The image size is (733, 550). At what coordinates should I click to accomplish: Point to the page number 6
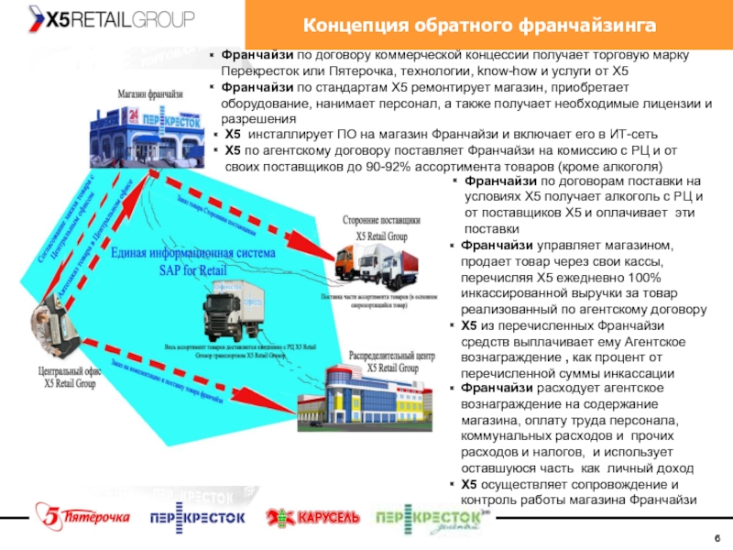717,537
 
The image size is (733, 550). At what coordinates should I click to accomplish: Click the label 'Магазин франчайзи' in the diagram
150,93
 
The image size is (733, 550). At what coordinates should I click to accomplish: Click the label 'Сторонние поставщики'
382,221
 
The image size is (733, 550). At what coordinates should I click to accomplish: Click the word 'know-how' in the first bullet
503,71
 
